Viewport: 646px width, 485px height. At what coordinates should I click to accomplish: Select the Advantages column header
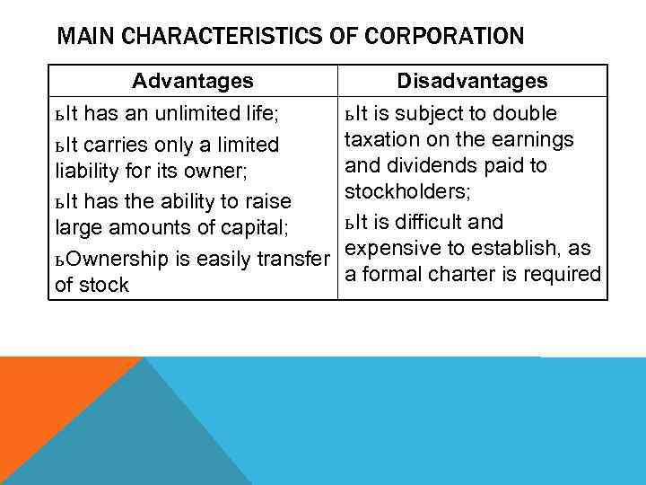pos(193,81)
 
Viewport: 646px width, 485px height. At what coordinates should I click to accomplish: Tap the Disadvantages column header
pos(473,81)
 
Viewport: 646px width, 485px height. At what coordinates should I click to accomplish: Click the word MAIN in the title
pos(78,37)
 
